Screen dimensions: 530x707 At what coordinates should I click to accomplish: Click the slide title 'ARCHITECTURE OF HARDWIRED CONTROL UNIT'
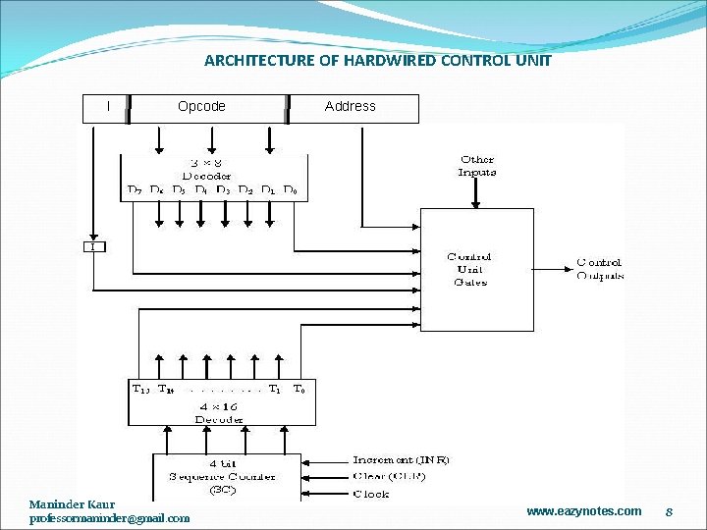(378, 61)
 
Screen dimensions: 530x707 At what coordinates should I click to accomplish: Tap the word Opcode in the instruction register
(201, 106)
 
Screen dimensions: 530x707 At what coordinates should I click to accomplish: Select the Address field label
(351, 106)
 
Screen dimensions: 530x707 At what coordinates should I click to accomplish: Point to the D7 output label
(135, 189)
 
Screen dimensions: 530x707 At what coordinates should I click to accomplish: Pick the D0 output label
(290, 189)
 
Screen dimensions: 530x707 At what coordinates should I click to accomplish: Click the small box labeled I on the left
(93, 247)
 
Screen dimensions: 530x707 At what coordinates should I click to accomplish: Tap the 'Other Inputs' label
(477, 166)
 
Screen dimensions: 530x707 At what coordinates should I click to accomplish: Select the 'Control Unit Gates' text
(469, 270)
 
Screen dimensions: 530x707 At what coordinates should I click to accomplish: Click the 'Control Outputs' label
(600, 269)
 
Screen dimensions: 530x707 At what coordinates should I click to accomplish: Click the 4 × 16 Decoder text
(219, 413)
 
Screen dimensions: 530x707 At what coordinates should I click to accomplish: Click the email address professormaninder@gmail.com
(110, 518)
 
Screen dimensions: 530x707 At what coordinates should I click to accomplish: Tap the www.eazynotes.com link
(583, 511)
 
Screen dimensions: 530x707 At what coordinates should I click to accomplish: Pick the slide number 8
(668, 511)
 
